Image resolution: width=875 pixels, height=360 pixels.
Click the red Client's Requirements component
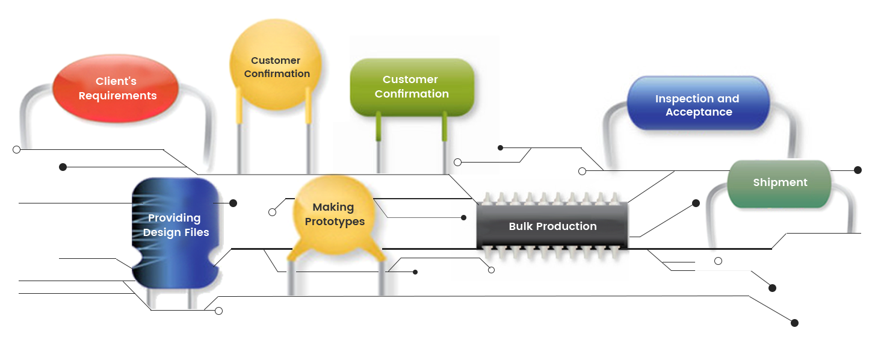116,88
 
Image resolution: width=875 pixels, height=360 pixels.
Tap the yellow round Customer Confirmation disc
276,67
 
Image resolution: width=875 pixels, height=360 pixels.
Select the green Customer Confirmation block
412,87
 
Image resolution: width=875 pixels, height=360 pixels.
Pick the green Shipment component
780,183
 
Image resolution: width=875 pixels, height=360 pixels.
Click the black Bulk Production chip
552,226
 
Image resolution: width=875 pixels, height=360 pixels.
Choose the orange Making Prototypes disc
334,214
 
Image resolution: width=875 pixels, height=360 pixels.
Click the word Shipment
780,182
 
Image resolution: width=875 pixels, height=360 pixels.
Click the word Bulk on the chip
521,226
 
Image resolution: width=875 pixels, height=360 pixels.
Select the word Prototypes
335,222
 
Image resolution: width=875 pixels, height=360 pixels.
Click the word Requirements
117,96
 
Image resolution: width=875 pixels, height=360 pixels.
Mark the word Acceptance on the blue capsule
698,112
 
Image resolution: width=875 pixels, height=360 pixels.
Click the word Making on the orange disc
333,207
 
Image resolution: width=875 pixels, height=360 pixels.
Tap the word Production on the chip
566,226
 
